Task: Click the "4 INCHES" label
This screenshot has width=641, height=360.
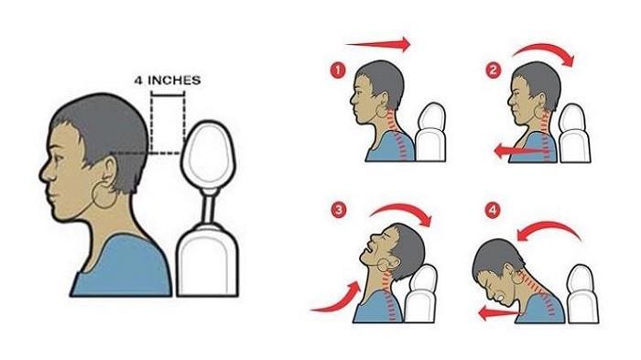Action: [x=168, y=81]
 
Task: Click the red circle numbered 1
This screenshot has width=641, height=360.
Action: [x=338, y=71]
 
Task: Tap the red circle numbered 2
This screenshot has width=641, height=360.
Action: [x=494, y=71]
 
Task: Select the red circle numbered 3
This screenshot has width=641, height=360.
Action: [x=339, y=211]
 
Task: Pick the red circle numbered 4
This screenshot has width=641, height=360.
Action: [x=493, y=211]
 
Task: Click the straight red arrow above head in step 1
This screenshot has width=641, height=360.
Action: [x=378, y=44]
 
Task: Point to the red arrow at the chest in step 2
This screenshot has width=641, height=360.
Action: [x=521, y=151]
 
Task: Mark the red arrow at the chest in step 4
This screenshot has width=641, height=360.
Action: [x=500, y=314]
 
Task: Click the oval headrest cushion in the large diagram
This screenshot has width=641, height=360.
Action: [x=209, y=155]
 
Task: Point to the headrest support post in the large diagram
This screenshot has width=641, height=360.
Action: [x=210, y=210]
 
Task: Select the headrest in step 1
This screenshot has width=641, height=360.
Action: [x=430, y=132]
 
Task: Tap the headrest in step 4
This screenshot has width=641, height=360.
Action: [x=582, y=294]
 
